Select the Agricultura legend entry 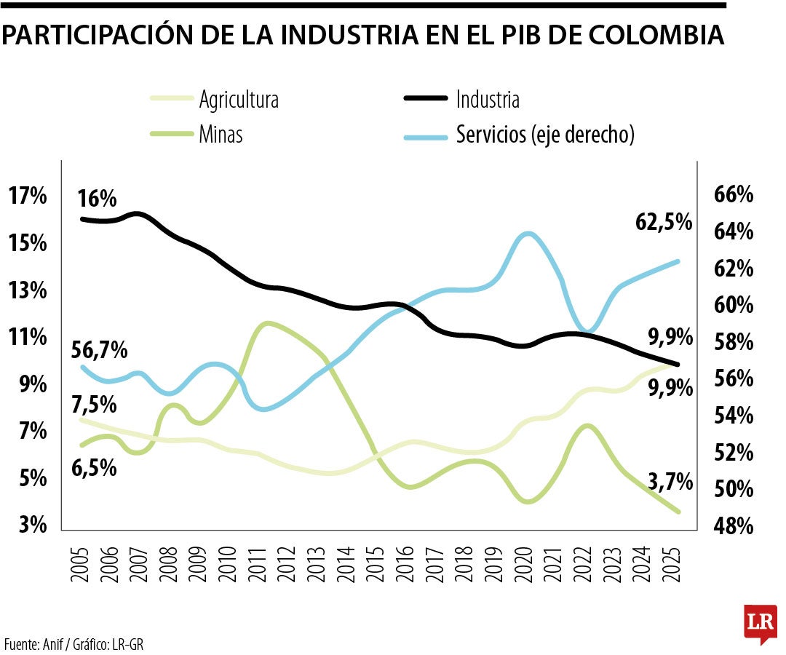tap(238, 100)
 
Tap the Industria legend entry tap(488, 99)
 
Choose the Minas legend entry tap(221, 135)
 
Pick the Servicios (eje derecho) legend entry tap(544, 135)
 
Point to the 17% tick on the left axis tap(28, 196)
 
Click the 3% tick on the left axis tap(28, 524)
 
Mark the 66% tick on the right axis tap(732, 196)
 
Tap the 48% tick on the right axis tap(732, 525)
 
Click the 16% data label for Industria tap(98, 199)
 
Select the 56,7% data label tap(100, 350)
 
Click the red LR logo tap(759, 623)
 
